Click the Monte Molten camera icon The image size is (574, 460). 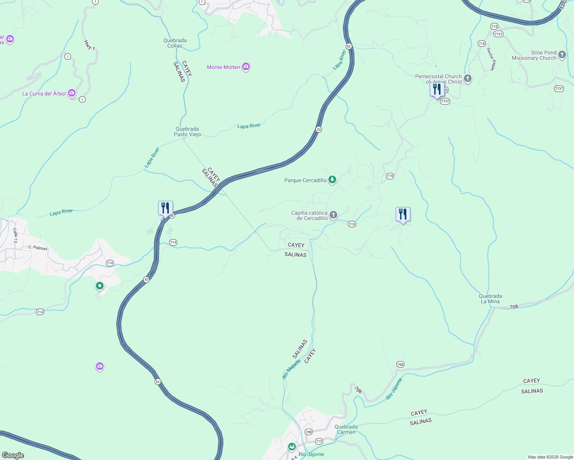coord(246,67)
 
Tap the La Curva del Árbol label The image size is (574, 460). coord(44,94)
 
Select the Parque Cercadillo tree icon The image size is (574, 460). coord(332,180)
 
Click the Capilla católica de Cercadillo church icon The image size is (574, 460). coord(333,215)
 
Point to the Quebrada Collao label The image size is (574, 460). coord(175,43)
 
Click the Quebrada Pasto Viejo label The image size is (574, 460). coord(187,131)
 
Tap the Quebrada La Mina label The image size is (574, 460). coord(490,299)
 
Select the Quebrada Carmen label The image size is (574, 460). coord(346,429)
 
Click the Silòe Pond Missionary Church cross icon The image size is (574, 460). coord(562,55)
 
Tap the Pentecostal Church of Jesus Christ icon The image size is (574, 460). coord(467,79)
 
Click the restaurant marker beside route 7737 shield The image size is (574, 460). coord(437,90)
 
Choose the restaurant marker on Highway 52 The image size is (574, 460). coord(165,209)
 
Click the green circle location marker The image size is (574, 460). coord(100,286)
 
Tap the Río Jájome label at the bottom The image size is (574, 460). coord(311,454)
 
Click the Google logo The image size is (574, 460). coord(13,455)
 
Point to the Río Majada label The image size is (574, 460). coord(291,369)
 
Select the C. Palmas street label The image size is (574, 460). coord(38,248)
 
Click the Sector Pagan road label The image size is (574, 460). coord(491,59)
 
